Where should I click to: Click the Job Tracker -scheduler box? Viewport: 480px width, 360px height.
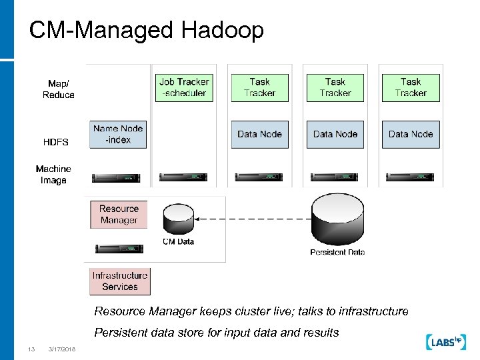(x=184, y=87)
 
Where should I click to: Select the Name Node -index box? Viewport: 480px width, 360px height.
(x=118, y=134)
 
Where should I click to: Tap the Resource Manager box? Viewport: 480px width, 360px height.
(x=119, y=214)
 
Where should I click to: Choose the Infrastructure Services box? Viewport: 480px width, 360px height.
(x=120, y=281)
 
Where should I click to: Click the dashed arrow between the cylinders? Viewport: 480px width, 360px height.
(x=253, y=219)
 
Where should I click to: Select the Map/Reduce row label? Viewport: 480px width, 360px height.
(x=59, y=89)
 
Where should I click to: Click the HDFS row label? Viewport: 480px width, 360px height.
(x=56, y=142)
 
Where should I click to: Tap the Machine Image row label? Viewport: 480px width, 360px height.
(x=53, y=175)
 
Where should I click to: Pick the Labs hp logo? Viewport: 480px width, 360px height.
(x=443, y=341)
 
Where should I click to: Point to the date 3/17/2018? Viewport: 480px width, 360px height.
(x=62, y=349)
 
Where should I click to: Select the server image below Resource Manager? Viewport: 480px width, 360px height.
(x=119, y=249)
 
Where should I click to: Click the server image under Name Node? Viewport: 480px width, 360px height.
(x=119, y=177)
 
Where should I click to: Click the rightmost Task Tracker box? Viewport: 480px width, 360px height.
(x=411, y=87)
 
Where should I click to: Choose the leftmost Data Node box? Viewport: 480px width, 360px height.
(x=259, y=134)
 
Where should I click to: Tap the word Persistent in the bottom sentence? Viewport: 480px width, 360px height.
(x=119, y=333)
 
